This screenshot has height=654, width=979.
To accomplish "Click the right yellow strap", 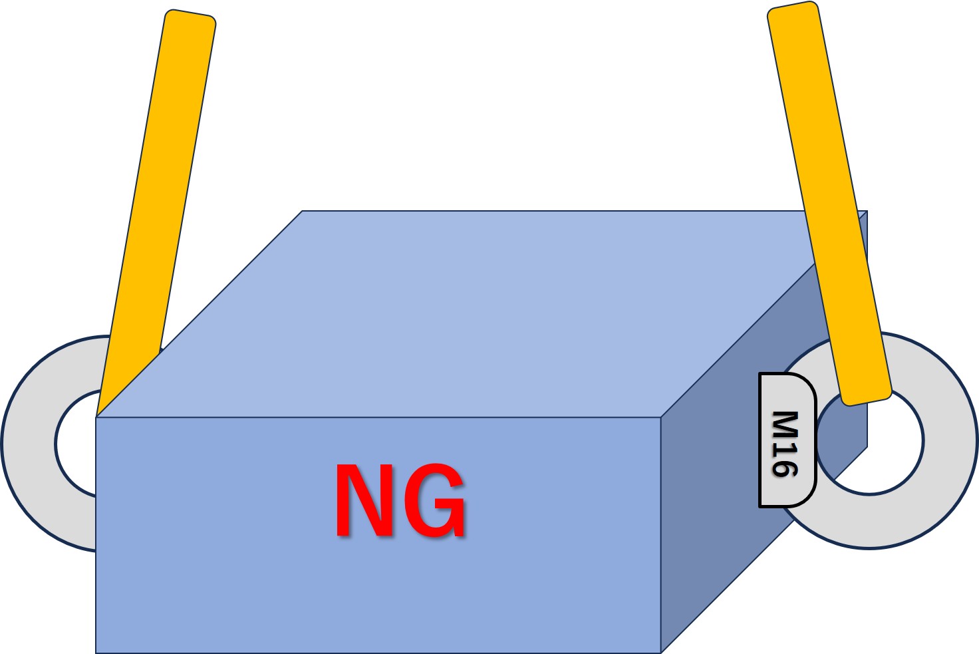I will (829, 200).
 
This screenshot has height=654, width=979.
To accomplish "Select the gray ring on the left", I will (30, 442).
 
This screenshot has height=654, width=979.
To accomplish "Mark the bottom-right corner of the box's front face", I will (660, 653).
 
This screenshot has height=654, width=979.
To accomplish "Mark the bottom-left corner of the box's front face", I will (96, 653).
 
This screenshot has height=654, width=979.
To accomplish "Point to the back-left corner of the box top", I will (303, 212).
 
